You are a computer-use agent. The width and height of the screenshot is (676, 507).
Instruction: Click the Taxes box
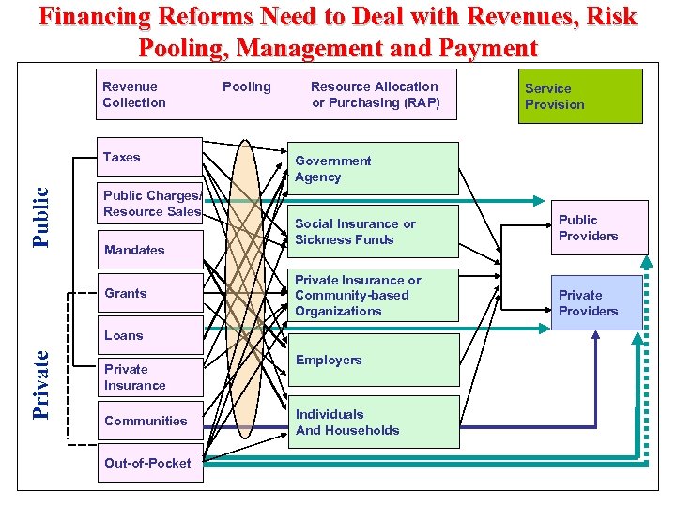click(149, 158)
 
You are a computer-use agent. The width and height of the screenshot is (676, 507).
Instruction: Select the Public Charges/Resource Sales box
click(151, 204)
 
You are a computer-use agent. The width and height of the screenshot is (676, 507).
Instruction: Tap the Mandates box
click(150, 250)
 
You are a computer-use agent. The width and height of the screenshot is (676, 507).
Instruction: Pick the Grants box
click(150, 293)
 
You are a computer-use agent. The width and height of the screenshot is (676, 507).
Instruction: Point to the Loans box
click(150, 335)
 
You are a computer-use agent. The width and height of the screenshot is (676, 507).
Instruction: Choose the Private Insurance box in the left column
click(150, 377)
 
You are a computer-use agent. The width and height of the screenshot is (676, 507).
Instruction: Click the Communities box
click(150, 421)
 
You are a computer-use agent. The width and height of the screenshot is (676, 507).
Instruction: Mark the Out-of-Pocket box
click(150, 463)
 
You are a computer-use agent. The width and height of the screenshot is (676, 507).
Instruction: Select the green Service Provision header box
click(582, 96)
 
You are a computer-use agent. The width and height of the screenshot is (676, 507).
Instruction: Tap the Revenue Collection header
click(150, 94)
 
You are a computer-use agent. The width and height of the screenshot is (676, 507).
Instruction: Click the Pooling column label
click(247, 86)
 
